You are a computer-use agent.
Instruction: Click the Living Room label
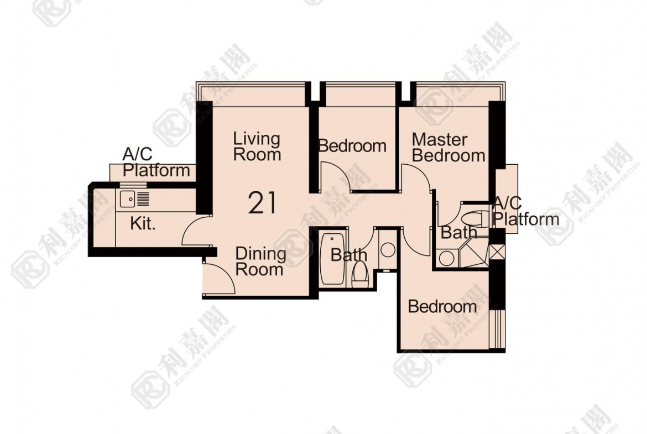coord(257,147)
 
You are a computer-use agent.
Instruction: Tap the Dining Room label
coord(260,262)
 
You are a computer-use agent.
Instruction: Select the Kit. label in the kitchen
coord(143,223)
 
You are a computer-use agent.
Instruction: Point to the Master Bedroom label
coord(448,148)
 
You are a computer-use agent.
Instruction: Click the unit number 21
coord(262,203)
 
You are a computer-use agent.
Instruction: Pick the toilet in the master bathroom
coord(474,218)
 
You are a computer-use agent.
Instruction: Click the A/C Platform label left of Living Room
coord(156,163)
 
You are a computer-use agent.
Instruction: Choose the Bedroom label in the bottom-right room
coord(442,306)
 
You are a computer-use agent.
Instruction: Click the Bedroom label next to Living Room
coord(352,146)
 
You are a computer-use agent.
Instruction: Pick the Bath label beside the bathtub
coord(349,255)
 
